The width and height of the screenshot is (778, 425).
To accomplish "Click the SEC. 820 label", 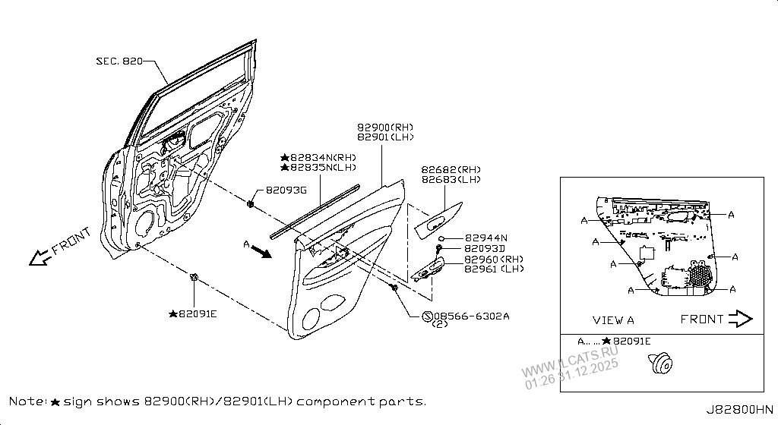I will [119, 61].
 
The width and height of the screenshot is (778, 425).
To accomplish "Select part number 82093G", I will [286, 191].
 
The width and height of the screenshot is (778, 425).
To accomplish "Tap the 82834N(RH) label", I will [318, 156].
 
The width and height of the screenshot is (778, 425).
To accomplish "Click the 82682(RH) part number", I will [451, 169].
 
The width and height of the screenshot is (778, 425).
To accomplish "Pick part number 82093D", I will [485, 249].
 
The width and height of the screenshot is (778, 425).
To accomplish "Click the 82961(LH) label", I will [493, 269].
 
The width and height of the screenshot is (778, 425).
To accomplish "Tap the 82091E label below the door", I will [197, 313].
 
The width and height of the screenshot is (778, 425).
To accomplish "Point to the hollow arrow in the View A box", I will [739, 319].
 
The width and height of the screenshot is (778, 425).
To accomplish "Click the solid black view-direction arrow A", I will [260, 251].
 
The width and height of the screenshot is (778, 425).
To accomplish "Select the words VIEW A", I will [612, 320].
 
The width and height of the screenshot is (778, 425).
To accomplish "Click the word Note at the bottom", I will [28, 400].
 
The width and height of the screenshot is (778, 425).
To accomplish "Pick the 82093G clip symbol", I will [250, 203].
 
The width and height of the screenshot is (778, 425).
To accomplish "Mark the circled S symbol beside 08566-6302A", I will [427, 316].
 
